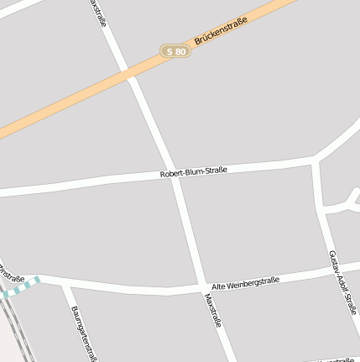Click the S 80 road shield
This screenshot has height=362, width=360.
pos(176,51)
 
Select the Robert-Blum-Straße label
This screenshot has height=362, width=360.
pos(193,171)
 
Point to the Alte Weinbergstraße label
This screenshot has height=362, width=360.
pos(245,284)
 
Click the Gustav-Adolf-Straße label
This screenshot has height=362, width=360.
pos(342,281)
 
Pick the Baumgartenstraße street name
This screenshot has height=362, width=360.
pos(83,333)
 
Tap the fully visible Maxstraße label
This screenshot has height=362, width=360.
pos(213,311)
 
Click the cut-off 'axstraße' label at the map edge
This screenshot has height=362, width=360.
pos(97,13)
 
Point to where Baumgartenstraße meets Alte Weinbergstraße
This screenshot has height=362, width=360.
pos(65,283)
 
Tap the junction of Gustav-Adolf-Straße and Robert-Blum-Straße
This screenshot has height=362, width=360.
pos(315,159)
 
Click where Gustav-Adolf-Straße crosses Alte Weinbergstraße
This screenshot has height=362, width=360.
pos(336,270)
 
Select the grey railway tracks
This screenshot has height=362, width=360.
pos(10,323)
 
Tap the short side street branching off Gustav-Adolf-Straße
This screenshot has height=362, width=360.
pos(342,206)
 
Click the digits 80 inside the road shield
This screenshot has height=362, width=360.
pos(181,51)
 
